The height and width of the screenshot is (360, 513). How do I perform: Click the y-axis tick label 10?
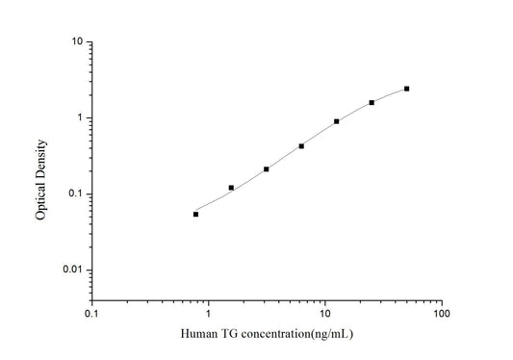(74, 42)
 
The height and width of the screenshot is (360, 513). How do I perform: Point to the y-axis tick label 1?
(77, 118)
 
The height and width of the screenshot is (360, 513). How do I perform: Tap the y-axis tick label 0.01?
(70, 270)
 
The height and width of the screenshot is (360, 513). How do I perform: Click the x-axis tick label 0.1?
(91, 314)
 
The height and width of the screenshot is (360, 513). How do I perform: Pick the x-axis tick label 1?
(208, 314)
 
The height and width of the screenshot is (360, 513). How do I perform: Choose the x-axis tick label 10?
(324, 314)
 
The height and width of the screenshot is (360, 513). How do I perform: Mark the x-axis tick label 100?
(441, 314)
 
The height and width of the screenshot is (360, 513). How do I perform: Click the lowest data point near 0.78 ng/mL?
(195, 214)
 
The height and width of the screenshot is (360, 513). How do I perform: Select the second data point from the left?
(231, 188)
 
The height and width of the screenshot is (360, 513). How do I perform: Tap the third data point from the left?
(266, 169)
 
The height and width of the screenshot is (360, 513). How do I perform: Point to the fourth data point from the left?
(301, 146)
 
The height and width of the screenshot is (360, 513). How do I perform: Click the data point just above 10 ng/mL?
(336, 121)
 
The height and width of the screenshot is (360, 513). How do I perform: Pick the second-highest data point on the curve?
(372, 102)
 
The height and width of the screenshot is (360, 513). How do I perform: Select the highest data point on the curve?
(406, 89)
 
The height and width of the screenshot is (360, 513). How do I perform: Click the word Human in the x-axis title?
(198, 335)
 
